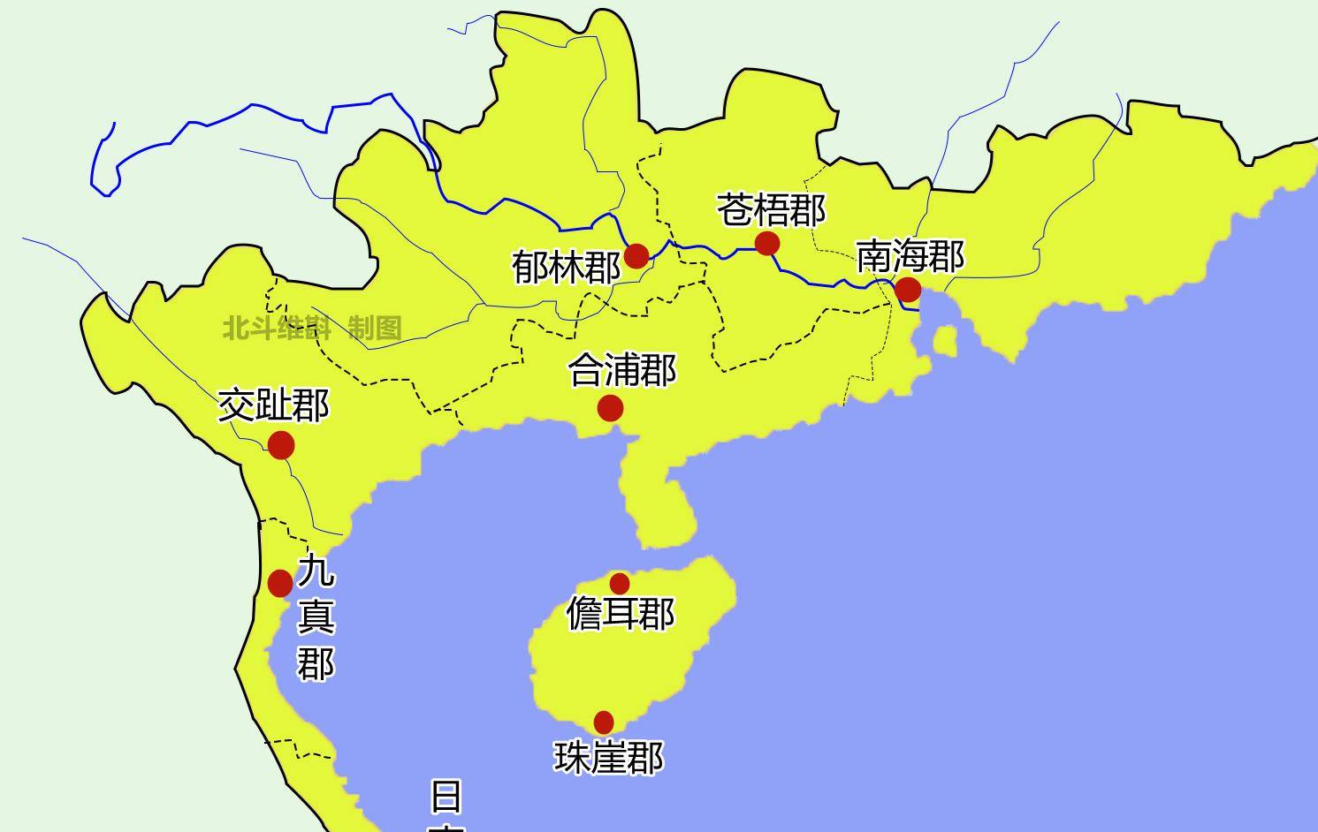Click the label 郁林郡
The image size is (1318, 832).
[x=566, y=267]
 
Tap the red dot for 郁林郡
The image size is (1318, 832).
[x=636, y=256]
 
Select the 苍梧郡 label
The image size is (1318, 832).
[x=771, y=211]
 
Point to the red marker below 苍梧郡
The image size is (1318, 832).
[x=767, y=243]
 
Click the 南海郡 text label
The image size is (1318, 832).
[x=910, y=256]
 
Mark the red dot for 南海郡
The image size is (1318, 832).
[x=908, y=290]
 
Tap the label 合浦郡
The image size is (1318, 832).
[x=622, y=370]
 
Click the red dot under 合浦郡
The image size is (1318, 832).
[x=610, y=408]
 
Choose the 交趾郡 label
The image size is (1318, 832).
[x=273, y=405]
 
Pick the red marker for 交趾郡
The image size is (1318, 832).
[x=281, y=445]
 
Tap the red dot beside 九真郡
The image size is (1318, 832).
[x=280, y=583]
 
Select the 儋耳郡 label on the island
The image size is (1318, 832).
[x=620, y=613]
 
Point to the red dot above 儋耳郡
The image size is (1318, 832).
[x=620, y=583]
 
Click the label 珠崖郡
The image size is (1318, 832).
[x=608, y=757]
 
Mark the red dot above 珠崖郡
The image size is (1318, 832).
[x=604, y=722]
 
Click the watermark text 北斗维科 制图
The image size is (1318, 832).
[x=312, y=329]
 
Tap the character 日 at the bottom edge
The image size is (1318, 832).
[x=446, y=796]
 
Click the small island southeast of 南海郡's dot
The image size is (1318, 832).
[x=945, y=341]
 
